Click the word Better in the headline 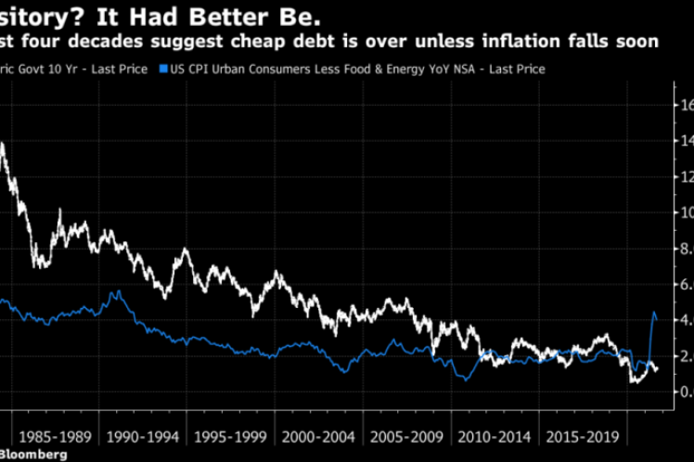[x=223, y=14]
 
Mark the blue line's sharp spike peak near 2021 [x=655, y=314]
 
